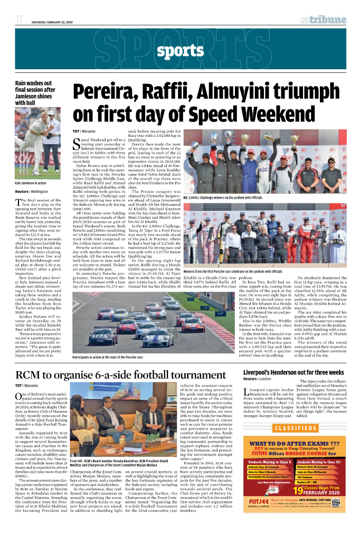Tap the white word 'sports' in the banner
coord(180,51)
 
